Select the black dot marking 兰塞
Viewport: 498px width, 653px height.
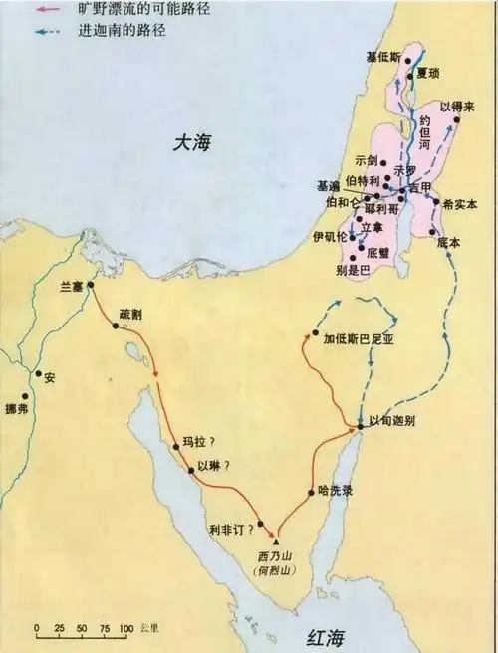click(91, 285)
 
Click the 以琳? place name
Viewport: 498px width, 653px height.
click(213, 466)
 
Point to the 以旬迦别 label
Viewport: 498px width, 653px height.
click(391, 421)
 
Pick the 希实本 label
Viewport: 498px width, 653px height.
click(461, 203)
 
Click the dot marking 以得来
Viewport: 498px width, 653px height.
click(458, 118)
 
